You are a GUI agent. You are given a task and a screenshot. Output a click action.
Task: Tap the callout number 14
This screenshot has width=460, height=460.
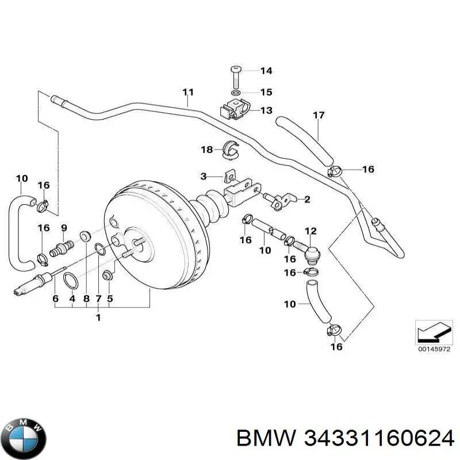pyautogui.click(x=266, y=71)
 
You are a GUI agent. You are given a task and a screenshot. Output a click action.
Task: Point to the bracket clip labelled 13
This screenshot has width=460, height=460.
pyautogui.click(x=236, y=109)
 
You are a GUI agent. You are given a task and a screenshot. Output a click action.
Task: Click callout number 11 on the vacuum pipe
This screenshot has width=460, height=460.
pyautogui.click(x=188, y=92)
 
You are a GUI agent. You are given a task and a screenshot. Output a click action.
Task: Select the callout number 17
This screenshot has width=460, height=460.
pyautogui.click(x=319, y=116)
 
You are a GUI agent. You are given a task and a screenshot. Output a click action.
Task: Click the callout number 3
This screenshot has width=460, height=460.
pyautogui.click(x=204, y=175)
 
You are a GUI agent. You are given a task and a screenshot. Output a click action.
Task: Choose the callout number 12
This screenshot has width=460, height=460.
pyautogui.click(x=310, y=232)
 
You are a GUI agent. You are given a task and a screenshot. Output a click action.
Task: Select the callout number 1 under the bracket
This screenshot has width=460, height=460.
pyautogui.click(x=98, y=318)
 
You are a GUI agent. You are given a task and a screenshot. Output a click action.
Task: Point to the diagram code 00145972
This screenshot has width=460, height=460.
pyautogui.click(x=431, y=348)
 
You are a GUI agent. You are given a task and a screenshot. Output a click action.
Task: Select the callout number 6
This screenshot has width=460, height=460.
pyautogui.click(x=56, y=298)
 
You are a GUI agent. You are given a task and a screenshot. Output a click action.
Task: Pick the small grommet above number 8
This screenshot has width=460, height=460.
pyautogui.click(x=86, y=235)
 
